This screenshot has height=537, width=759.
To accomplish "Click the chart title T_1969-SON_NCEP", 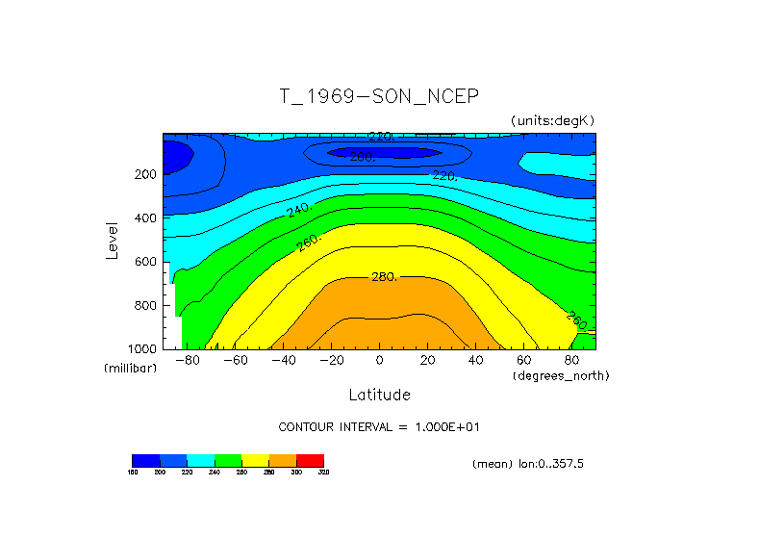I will point(378,96).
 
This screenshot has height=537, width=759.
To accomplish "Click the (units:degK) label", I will point(552,120).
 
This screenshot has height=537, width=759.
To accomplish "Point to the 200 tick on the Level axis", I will point(146,175).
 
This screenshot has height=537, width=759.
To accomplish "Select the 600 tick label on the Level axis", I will point(146,262).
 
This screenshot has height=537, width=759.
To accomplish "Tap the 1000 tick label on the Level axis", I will point(142,348).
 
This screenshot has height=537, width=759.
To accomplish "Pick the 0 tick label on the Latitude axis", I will point(379,360).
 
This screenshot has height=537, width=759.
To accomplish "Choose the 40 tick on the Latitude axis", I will point(475,360).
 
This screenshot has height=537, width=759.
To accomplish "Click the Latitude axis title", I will point(379,395).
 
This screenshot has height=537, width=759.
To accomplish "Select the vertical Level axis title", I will point(114,241).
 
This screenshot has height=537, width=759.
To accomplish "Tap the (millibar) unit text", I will point(130,369).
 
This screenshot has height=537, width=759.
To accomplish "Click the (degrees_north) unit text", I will point(561,374).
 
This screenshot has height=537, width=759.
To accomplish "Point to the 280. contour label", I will point(384,277).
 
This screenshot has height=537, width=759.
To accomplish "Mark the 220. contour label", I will point(444,176).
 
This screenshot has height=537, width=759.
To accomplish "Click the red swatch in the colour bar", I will point(310,460).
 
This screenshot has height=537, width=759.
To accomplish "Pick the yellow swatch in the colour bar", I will point(255,460).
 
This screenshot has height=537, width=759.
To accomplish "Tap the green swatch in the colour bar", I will point(228,460).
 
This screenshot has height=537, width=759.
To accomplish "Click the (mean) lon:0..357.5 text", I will point(527,464).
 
